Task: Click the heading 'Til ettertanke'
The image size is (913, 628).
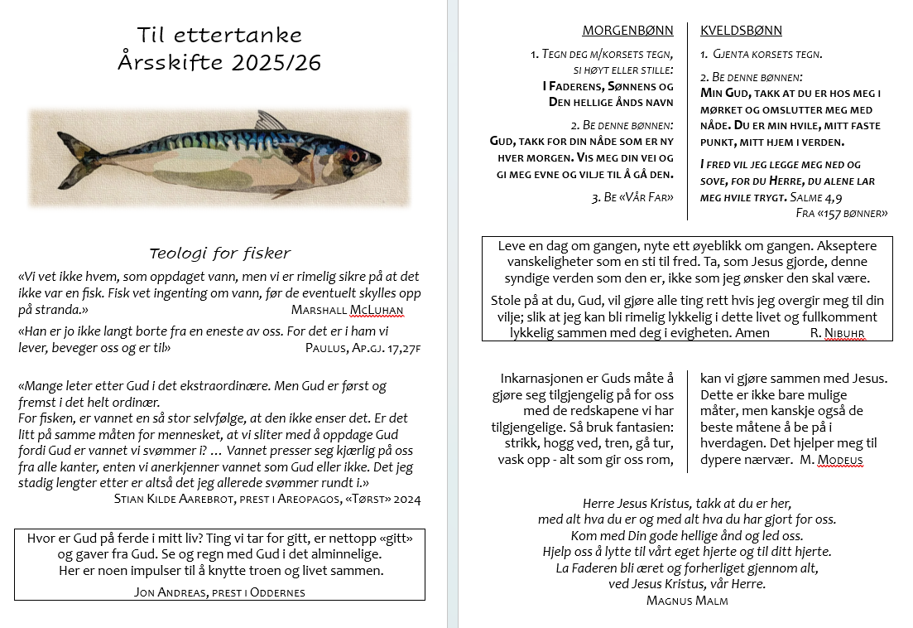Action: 219,35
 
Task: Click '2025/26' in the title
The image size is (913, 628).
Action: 276,63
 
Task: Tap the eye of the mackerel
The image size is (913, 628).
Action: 355,156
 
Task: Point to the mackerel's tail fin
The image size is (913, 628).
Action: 79,159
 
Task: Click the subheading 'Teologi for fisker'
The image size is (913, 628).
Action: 219,254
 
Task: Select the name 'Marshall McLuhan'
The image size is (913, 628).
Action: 347,310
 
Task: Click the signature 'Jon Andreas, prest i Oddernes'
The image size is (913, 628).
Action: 219,592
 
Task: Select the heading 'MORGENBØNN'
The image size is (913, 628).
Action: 627,31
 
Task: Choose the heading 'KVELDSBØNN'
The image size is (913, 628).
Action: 741,31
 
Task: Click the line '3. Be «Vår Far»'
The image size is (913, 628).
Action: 632,197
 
